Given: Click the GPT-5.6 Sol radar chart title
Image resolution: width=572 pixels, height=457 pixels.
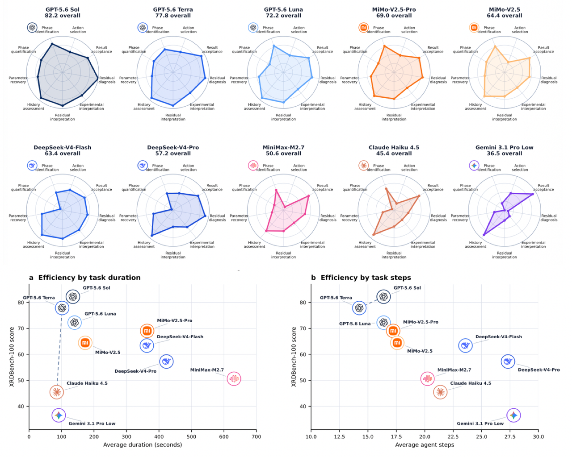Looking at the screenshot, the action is tap(63, 12).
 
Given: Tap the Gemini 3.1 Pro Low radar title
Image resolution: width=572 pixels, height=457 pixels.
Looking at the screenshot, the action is tap(504, 150).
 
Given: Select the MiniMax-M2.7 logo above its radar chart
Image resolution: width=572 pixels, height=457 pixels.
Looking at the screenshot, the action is tap(253, 166).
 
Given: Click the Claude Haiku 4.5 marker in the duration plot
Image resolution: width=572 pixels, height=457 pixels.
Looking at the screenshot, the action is tap(57, 392).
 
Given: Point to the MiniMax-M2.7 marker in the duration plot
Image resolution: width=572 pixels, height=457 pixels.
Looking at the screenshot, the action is tap(234, 378).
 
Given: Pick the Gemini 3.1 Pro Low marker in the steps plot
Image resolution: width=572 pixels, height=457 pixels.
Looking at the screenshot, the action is tap(513, 415).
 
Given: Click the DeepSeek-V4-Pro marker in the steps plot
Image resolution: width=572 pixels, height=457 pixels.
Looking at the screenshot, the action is tap(508, 361).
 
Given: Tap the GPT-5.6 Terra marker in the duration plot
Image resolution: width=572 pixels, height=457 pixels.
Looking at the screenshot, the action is tap(62, 308).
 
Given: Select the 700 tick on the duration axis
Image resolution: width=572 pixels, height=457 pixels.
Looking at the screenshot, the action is tap(256, 437).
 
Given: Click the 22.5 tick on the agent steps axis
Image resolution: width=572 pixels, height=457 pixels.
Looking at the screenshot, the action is tap(453, 437).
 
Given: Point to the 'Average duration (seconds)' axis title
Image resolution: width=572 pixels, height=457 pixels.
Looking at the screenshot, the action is tap(143, 445).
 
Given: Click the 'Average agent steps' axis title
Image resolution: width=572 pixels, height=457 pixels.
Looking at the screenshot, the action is tap(425, 445).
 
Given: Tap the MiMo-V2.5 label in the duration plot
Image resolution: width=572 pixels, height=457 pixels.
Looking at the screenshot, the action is tap(108, 353).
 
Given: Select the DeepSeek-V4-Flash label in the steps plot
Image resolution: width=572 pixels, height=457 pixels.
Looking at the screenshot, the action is tap(499, 337).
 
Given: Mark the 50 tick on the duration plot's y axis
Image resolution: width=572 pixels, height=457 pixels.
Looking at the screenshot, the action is tap(21, 380).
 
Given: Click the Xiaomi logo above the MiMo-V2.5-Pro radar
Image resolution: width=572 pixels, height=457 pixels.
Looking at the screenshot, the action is tap(363, 27).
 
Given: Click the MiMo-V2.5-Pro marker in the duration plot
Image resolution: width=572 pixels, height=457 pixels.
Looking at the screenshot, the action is tap(147, 331).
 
